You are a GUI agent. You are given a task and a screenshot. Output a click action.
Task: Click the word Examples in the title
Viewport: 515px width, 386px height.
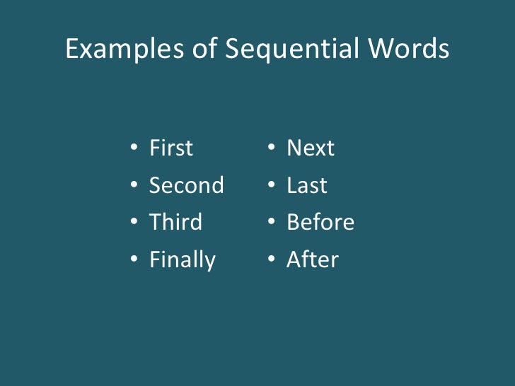pos(124,49)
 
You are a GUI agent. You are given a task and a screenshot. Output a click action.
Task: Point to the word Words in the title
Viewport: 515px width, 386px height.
pos(410,49)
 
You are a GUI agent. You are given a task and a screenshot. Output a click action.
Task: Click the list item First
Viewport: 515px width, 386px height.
pos(171,148)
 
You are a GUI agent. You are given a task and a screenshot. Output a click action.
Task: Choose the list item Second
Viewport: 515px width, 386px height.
pos(186,186)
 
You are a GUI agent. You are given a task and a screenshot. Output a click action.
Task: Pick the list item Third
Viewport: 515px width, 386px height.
pos(175,223)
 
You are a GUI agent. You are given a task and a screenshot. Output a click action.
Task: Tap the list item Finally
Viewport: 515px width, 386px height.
pos(182,260)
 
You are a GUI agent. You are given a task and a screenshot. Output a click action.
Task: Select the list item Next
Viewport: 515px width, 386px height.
pos(311,148)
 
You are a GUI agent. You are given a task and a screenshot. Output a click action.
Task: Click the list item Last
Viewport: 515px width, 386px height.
pos(306,186)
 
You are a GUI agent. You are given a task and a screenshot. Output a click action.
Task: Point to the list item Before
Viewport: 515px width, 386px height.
pos(320,223)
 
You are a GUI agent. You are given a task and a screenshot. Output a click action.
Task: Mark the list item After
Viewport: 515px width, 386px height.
pos(312,260)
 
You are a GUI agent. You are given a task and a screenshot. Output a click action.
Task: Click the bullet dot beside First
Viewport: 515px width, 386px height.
pos(134,149)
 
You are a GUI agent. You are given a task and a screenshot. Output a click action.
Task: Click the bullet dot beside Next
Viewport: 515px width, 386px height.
pos(271,149)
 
